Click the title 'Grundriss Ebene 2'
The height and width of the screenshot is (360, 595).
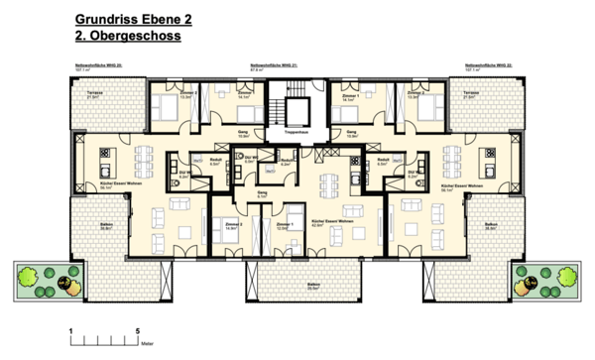tap(132, 19)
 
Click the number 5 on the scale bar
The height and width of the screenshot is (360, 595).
tap(136, 328)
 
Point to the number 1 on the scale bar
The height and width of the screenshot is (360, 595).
tap(69, 328)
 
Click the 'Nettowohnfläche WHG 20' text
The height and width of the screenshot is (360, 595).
tap(97, 65)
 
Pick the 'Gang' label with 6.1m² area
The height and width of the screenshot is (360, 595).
tap(263, 194)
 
